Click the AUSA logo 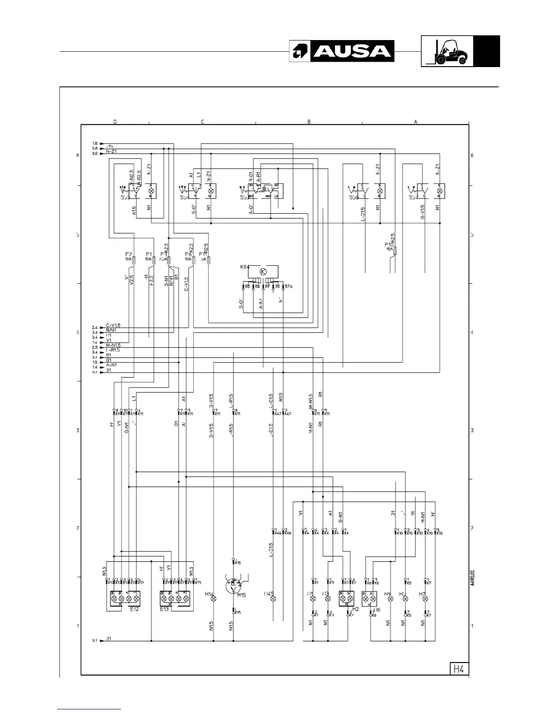click(342, 51)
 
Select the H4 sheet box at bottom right click(458, 669)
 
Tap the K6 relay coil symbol click(264, 271)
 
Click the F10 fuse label click(388, 244)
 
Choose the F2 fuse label click(128, 254)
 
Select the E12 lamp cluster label click(134, 609)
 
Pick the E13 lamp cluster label click(164, 609)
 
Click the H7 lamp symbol click(426, 599)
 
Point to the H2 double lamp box click(346, 599)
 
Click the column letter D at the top click(115, 122)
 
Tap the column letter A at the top click(416, 122)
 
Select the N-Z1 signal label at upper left click(111, 152)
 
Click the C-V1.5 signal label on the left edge click(113, 325)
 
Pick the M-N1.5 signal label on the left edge click(113, 345)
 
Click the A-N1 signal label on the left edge click(111, 365)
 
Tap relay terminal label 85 click(247, 286)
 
